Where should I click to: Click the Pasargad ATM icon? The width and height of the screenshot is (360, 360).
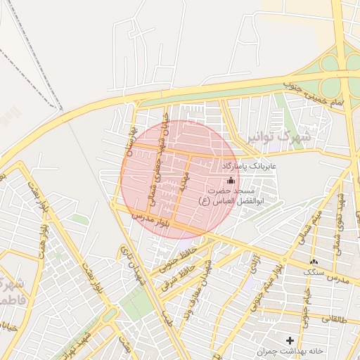[x=231, y=181]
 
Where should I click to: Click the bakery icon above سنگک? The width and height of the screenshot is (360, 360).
[x=313, y=262]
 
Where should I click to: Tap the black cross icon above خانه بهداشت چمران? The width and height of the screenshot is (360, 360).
[x=290, y=340]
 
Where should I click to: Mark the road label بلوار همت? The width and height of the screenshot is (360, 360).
[x=39, y=201]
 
